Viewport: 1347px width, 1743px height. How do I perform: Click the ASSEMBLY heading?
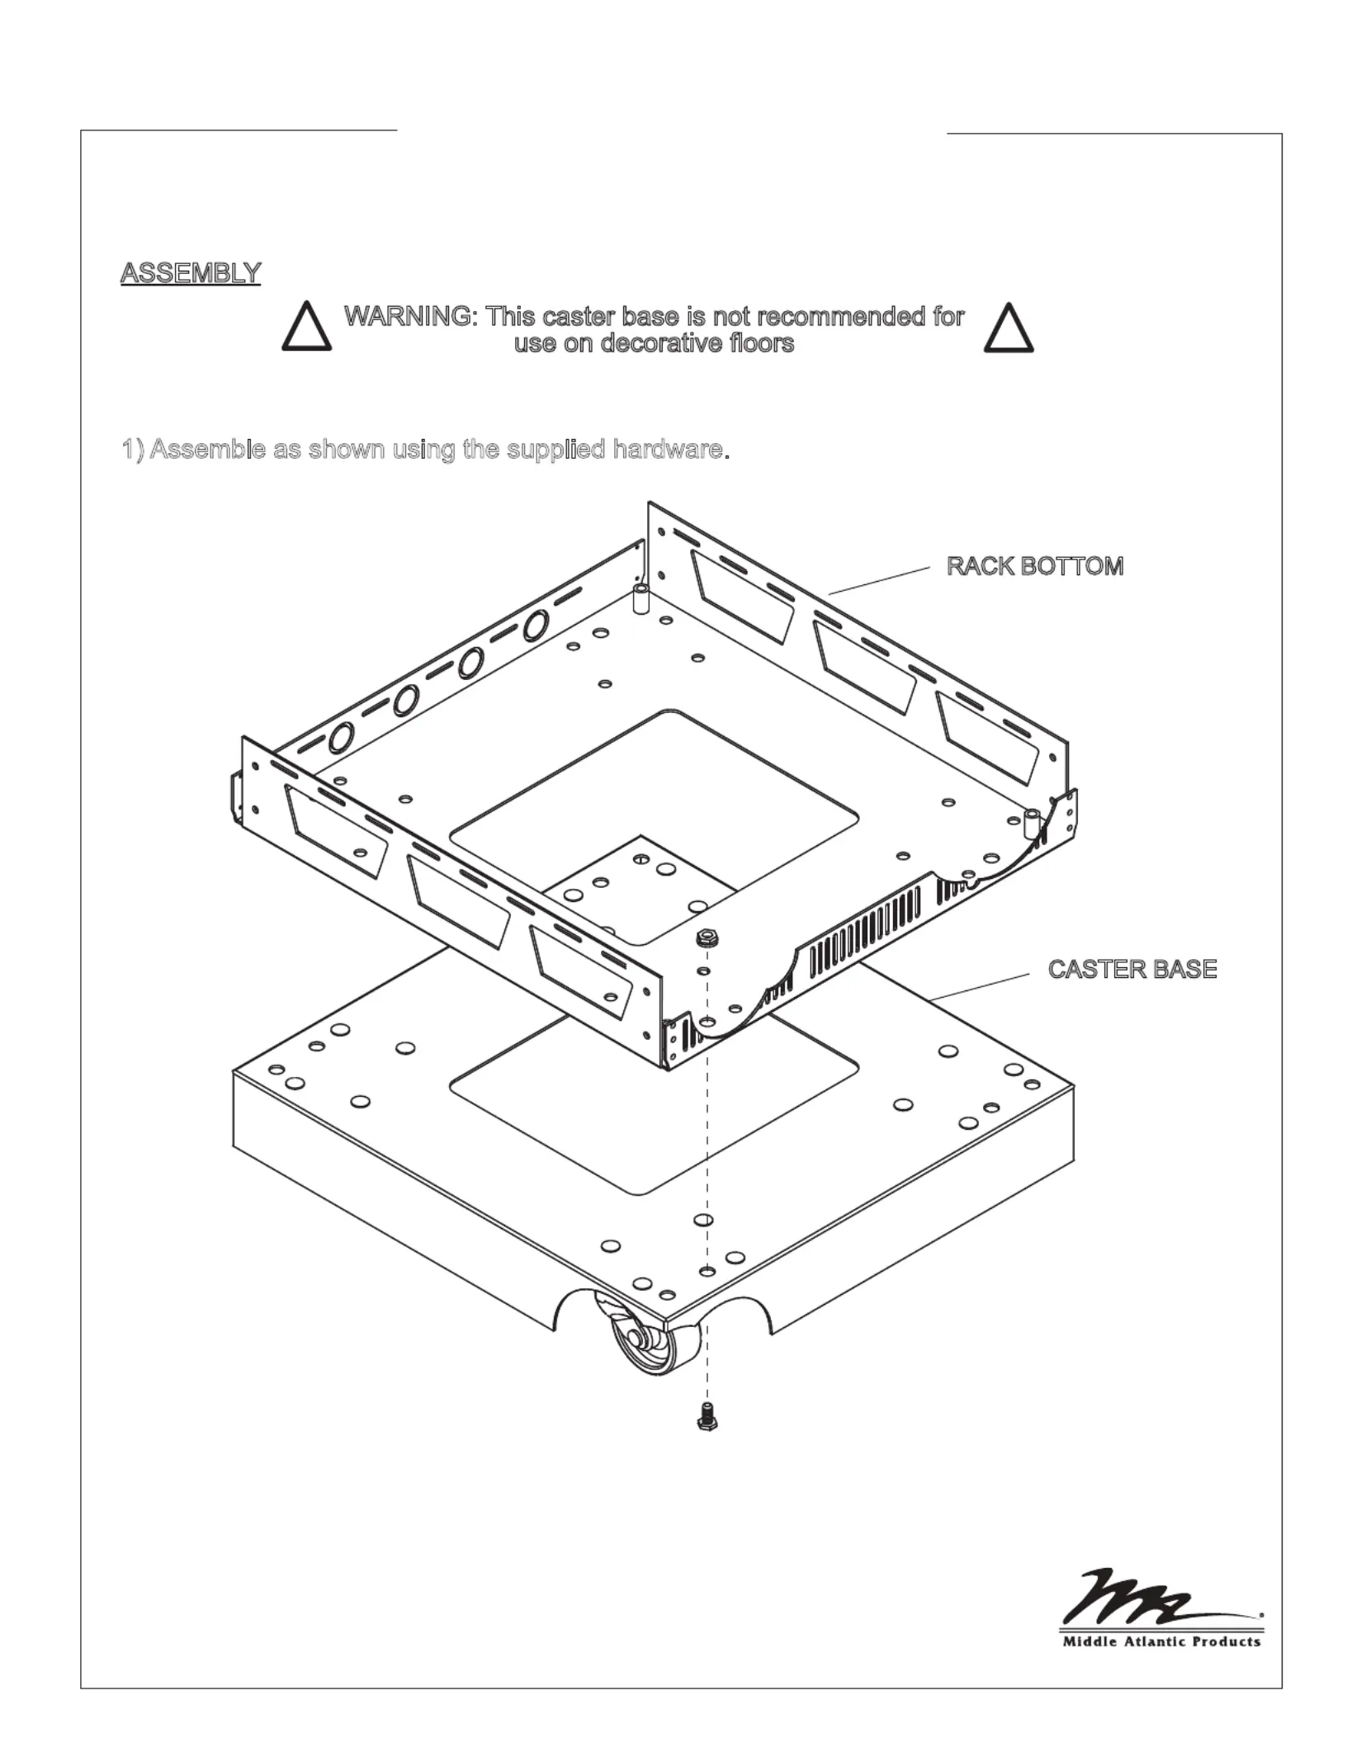pos(191,272)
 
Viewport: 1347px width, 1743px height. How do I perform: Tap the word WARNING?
pos(409,316)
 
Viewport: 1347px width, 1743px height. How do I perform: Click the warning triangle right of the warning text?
pos(1009,328)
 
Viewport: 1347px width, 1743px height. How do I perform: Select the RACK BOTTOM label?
pos(1035,566)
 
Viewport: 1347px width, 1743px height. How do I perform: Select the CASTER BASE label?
pos(1132,969)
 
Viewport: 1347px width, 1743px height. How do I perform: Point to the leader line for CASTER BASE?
pos(981,987)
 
